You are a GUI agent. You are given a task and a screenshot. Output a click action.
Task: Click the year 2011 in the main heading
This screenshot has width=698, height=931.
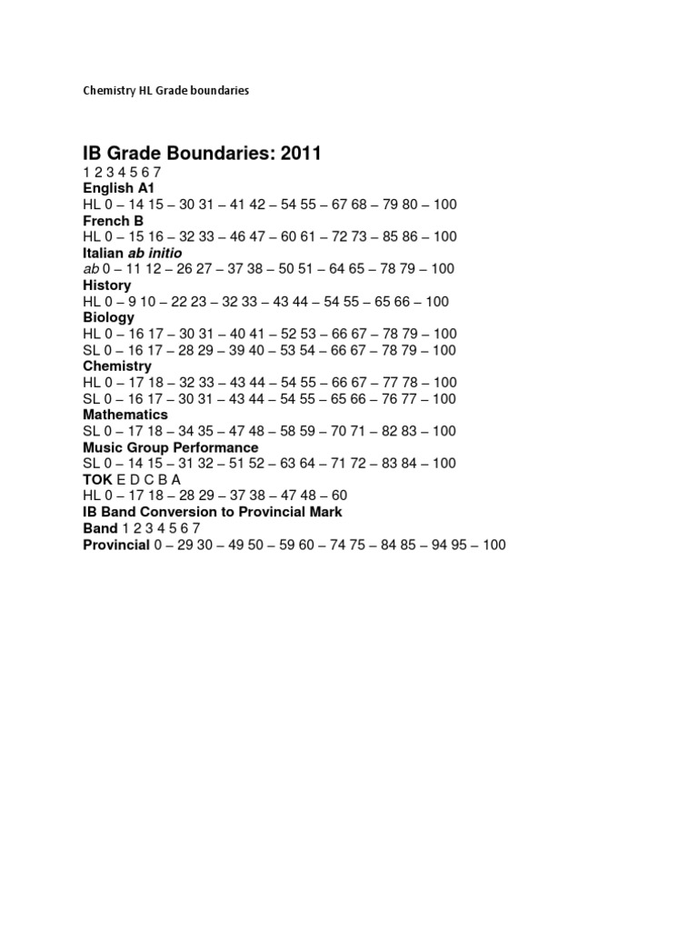point(297,154)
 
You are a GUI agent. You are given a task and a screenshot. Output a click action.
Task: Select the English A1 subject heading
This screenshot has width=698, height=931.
point(119,187)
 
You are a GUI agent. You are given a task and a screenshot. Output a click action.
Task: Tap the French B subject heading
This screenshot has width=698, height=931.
point(114,220)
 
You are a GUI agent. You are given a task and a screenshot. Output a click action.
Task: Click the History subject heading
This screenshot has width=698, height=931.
point(107,285)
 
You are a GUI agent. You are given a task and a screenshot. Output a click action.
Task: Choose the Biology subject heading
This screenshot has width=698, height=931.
point(108,317)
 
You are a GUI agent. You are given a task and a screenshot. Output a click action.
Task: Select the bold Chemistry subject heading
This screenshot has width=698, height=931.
point(117,366)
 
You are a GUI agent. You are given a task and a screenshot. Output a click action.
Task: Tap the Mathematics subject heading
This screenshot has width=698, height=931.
point(125,415)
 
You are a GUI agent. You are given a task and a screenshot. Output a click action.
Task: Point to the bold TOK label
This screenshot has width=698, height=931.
point(97,479)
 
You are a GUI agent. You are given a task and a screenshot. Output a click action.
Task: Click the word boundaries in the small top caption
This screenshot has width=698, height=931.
point(218,91)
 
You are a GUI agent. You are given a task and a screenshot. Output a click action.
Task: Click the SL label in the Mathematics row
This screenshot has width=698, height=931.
point(91,431)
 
